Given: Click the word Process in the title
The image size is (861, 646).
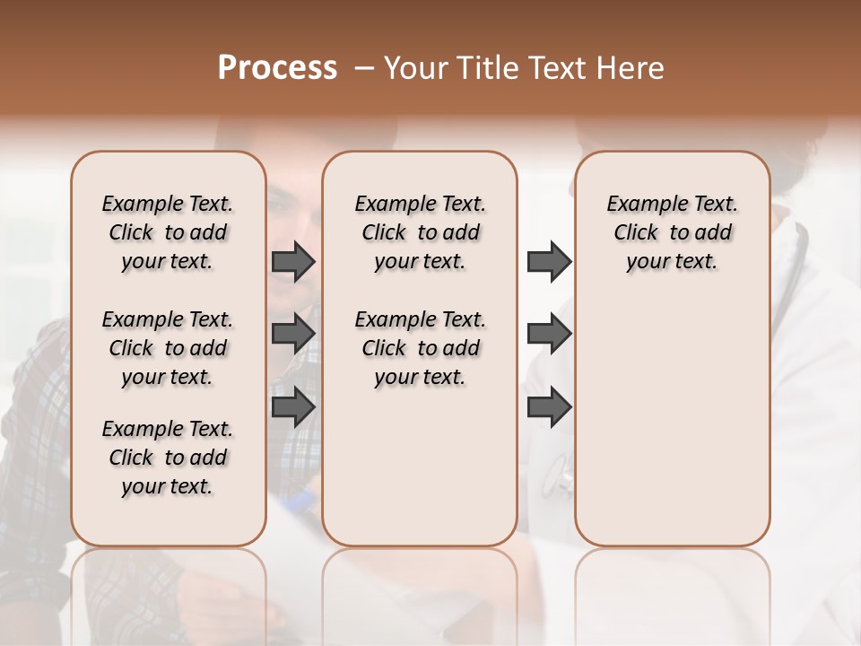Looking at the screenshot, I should tap(277, 67).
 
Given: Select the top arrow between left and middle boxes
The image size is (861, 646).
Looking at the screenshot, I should tap(293, 262).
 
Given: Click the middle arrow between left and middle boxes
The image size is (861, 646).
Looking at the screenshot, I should tap(293, 334).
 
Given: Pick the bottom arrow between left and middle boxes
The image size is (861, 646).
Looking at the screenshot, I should tap(293, 406).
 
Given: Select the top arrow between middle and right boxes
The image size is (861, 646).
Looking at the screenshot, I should tap(549, 262).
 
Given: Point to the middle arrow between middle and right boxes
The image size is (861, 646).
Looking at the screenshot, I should tap(549, 334).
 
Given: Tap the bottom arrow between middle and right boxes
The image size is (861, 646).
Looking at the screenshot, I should tap(549, 406).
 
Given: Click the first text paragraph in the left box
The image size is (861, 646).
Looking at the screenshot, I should tap(168, 232).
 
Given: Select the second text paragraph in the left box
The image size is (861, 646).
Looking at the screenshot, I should tap(168, 348).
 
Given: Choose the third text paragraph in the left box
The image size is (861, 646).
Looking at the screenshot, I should tap(168, 458).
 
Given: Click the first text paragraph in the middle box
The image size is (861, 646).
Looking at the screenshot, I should tap(420, 232).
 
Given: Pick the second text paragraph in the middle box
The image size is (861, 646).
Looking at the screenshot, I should tap(420, 348).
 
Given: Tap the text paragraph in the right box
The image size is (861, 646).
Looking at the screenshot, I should tap(673, 232).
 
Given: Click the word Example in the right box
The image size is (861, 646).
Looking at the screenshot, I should tap(642, 205).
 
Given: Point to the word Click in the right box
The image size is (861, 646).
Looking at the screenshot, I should tap(636, 233).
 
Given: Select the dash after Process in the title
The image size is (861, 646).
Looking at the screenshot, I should tap(364, 67).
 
